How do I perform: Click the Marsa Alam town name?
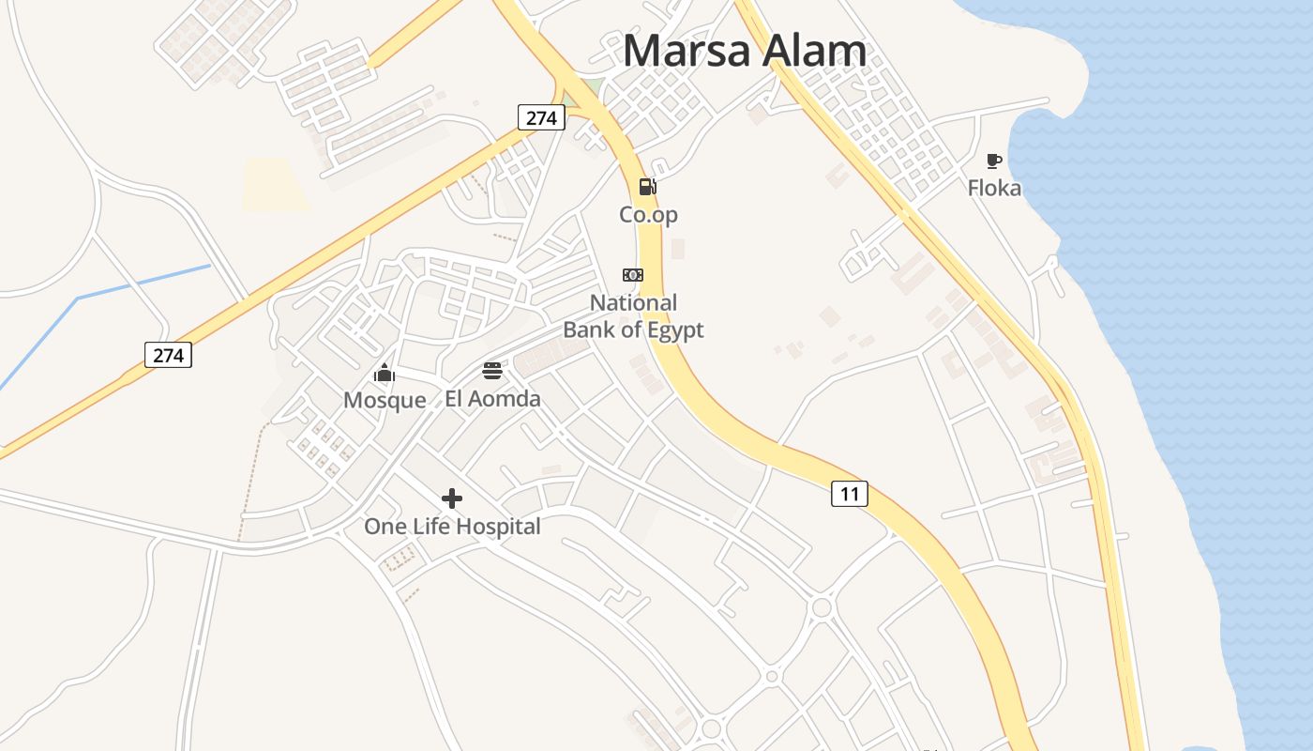(x=745, y=51)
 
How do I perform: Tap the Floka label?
(x=994, y=189)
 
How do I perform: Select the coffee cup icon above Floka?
(x=994, y=161)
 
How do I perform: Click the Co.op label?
(x=648, y=215)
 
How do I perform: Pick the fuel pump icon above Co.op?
(x=647, y=186)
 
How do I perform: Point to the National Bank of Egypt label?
(x=633, y=316)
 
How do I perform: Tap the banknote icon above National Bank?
(x=633, y=274)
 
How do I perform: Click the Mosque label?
(x=385, y=401)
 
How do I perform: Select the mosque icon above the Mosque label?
(x=385, y=373)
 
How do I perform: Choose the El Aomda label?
(x=492, y=399)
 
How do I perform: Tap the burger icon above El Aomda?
(x=492, y=370)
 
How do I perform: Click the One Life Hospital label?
(x=452, y=527)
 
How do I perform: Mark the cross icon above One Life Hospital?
(x=452, y=498)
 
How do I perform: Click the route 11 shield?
(x=849, y=494)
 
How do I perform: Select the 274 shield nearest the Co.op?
(x=541, y=117)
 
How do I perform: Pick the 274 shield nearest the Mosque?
(x=169, y=355)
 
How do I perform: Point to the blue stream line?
(x=141, y=283)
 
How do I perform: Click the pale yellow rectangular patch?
(x=277, y=184)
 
